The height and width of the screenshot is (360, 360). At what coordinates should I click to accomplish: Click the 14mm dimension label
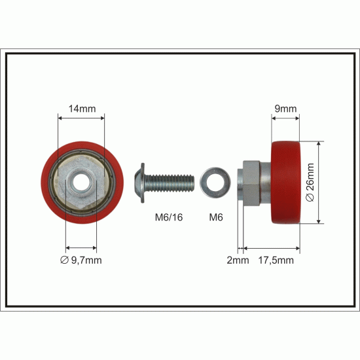pos(82,109)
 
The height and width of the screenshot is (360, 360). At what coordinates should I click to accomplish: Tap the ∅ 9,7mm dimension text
pos(81,260)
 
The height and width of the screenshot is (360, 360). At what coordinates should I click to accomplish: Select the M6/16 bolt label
pos(169,217)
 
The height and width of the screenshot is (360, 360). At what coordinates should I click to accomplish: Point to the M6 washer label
pos(216,217)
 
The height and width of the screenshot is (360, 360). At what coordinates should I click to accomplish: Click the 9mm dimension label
pos(285,109)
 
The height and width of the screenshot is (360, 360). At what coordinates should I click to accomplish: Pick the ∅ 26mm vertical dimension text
pos(310,183)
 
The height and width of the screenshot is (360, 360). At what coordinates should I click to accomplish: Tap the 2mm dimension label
pos(238,260)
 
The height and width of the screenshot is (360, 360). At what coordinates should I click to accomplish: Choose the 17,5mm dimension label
pos(276,261)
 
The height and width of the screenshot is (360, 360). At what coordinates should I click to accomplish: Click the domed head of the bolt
pos(139,183)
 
